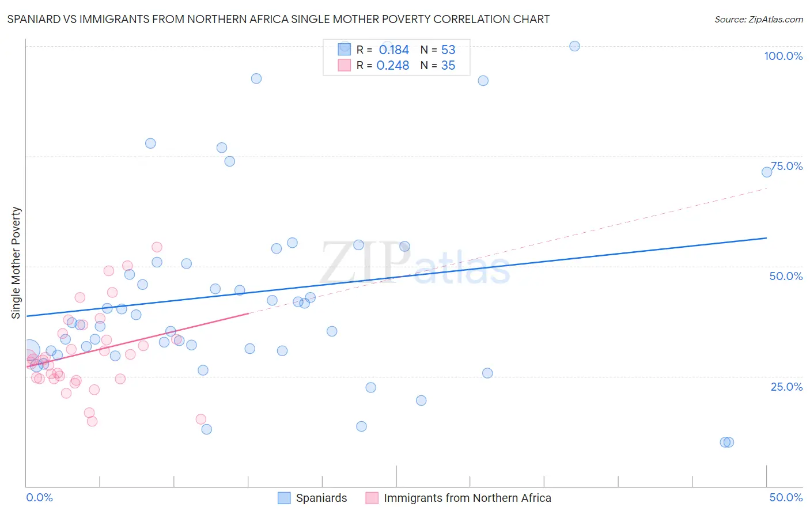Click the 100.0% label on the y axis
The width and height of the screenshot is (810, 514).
coord(783,56)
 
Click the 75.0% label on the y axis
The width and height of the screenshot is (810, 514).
coord(786,166)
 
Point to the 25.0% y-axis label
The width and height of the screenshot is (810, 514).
coord(786,387)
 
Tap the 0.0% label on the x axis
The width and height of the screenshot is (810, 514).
coord(39,497)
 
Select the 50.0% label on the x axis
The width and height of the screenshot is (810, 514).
coord(786,497)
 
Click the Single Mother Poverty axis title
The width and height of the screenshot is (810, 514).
coord(16,263)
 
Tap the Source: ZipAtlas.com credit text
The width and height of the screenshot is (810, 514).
coord(758,19)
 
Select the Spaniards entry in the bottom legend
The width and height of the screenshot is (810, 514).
coord(321,498)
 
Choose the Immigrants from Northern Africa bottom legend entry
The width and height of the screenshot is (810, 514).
coord(467,498)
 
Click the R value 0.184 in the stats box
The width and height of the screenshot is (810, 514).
coord(393,50)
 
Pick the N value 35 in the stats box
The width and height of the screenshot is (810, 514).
coord(448,66)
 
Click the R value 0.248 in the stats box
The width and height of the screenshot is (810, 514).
coord(393,66)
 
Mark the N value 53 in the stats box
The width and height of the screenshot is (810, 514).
coord(448,50)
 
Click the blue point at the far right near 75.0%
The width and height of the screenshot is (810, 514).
coord(767,172)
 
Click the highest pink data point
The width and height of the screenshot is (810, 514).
coord(157,247)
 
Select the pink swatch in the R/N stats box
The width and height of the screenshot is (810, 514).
coord(344,65)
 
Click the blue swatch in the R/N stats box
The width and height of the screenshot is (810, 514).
coord(344,50)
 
